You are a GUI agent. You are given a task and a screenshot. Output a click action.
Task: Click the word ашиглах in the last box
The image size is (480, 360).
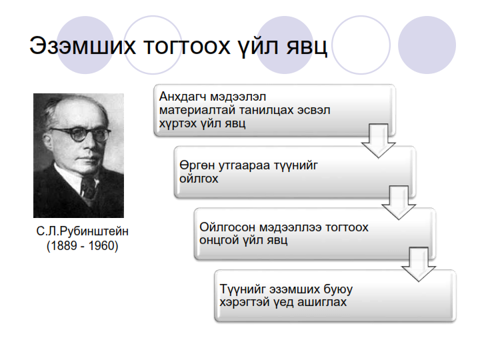325,303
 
